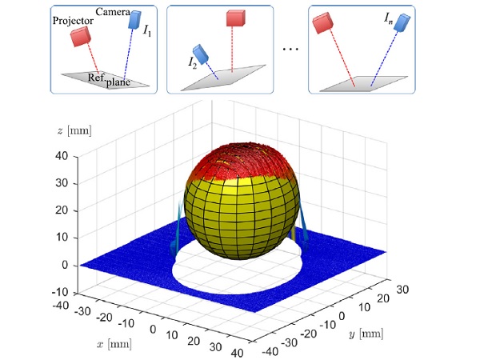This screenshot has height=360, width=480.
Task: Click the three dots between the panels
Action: pyautogui.click(x=291, y=50)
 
